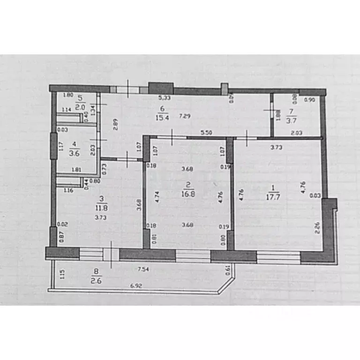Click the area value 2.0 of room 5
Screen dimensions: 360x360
(x=80, y=106)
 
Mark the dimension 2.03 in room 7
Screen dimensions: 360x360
(x=296, y=133)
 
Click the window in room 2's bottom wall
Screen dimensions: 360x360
(x=193, y=255)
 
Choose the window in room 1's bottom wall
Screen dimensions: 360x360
(x=278, y=256)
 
